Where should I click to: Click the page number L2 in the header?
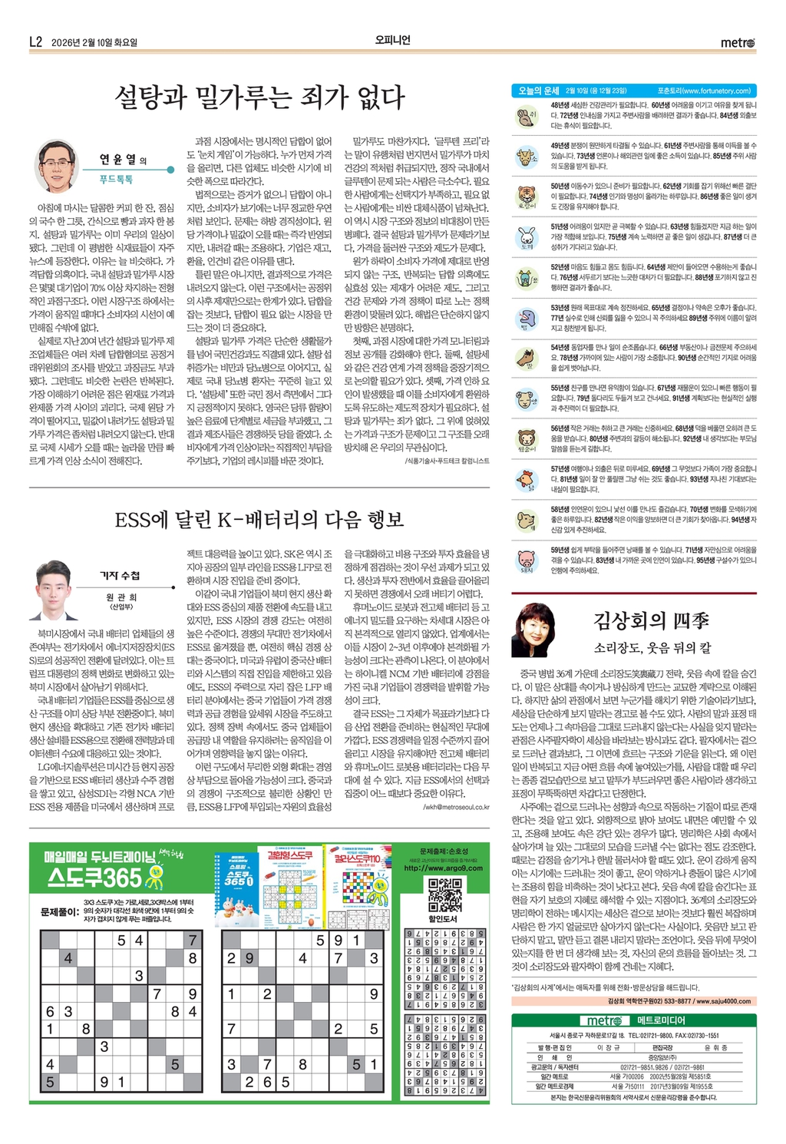35,42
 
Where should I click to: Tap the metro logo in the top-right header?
737,42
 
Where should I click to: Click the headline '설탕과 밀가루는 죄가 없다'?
259,98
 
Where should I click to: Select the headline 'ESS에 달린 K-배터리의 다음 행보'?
259,520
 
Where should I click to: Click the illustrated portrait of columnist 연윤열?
57,165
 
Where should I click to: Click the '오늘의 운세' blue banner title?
537,91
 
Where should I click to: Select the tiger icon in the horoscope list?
527,195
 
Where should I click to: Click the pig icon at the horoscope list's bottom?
527,560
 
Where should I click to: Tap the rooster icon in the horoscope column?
527,478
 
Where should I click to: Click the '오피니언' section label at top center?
392,41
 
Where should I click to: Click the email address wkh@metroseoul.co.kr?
457,807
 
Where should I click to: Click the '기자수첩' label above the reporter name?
120,575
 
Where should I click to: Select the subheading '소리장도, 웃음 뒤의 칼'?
652,647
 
